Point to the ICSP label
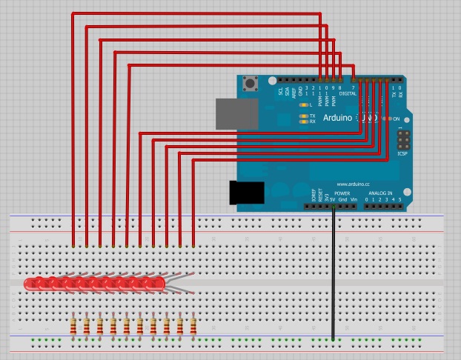point(402,154)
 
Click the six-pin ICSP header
point(402,139)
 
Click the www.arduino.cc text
point(354,184)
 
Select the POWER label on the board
point(342,193)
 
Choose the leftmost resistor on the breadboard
point(74,325)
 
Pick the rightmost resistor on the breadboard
point(193,325)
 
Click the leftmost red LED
point(32,283)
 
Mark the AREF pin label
point(294,91)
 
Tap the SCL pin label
point(280,91)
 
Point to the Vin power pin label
point(354,199)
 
